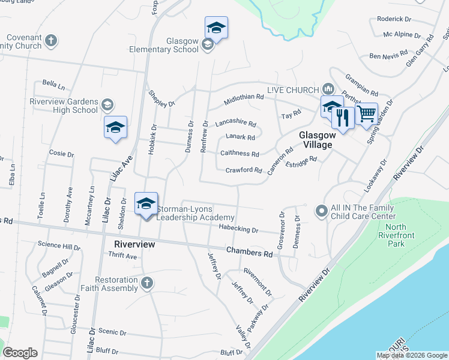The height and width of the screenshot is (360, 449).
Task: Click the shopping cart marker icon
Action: [366, 113]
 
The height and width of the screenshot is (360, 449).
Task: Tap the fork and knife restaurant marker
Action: [343, 116]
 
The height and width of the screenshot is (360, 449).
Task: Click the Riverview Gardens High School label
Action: [64, 106]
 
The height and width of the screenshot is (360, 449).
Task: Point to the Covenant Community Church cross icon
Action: [52, 41]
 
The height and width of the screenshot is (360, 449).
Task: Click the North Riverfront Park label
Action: [396, 235]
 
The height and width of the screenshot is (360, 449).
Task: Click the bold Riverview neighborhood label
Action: [134, 244]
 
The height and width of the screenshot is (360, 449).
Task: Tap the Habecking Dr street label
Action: [238, 229]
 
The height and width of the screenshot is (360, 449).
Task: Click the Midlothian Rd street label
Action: [244, 96]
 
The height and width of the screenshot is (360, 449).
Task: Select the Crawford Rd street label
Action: [243, 170]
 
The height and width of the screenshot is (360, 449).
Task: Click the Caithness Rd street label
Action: [240, 154]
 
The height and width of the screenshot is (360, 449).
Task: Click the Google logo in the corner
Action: [20, 353]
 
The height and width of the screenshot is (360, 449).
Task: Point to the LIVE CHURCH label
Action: [293, 90]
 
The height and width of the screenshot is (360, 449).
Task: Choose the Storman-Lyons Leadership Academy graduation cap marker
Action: [146, 203]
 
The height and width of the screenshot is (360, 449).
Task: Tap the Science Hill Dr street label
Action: [59, 246]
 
